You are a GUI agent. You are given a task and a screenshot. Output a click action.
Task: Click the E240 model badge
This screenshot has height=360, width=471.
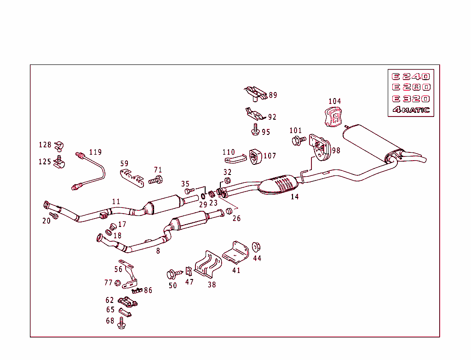pyautogui.click(x=410, y=77)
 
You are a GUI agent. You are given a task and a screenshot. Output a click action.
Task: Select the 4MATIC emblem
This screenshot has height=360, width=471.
pyautogui.click(x=411, y=110)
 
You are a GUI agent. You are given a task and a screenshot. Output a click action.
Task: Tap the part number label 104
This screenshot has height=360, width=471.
pyautogui.click(x=334, y=101)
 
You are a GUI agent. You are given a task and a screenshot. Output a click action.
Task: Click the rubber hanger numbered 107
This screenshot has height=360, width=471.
pyautogui.click(x=254, y=156)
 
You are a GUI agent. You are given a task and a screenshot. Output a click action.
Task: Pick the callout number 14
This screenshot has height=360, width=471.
pyautogui.click(x=294, y=197)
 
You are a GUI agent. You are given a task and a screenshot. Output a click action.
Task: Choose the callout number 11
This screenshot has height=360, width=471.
pyautogui.click(x=116, y=201)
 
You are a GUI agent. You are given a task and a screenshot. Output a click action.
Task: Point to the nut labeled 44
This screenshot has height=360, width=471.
pyautogui.click(x=256, y=247)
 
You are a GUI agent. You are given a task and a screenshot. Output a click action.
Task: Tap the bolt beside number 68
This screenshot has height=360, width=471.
pyautogui.click(x=121, y=322)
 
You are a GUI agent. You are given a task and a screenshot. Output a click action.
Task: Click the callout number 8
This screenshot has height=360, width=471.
pyautogui.click(x=158, y=251)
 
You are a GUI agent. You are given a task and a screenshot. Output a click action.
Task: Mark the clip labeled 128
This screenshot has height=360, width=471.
pyautogui.click(x=58, y=146)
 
